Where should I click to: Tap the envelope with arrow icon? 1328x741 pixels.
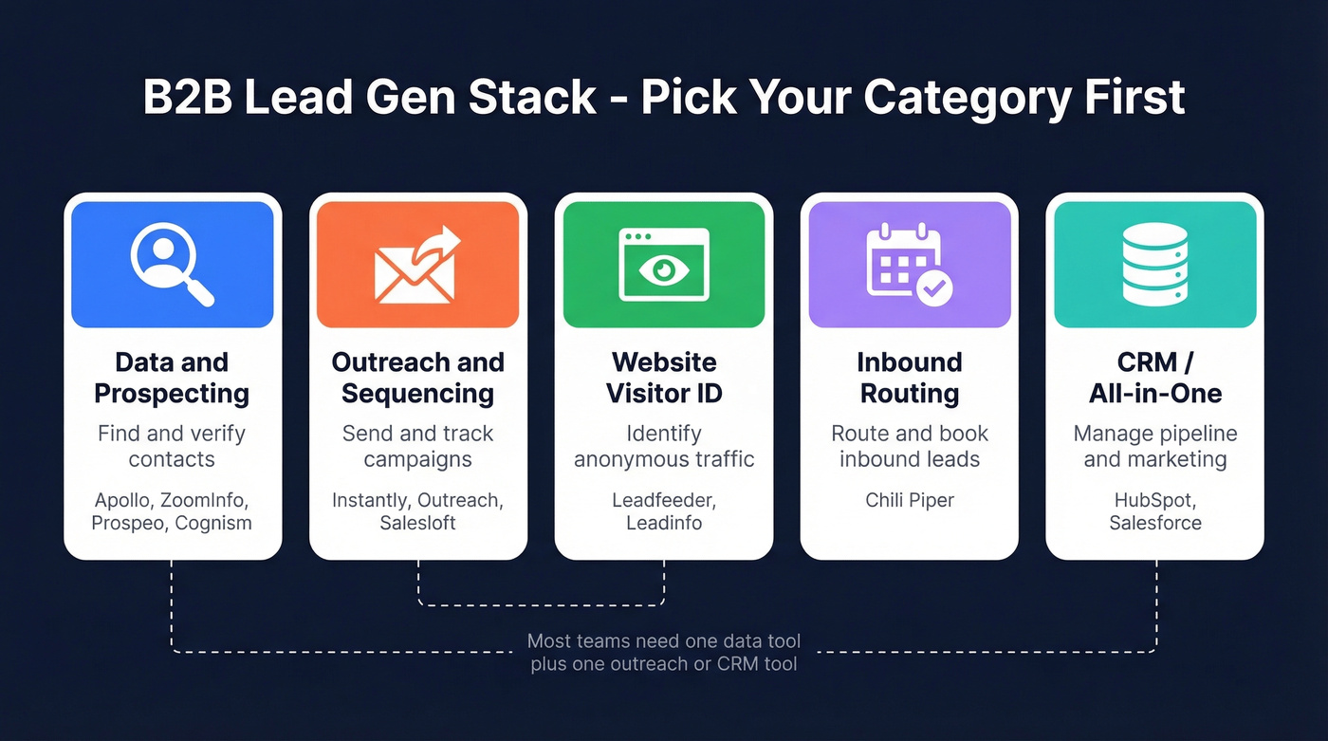[417, 265]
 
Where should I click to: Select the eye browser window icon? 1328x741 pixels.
[663, 265]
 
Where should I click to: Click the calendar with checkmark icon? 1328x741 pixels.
[909, 265]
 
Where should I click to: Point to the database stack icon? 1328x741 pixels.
[1154, 265]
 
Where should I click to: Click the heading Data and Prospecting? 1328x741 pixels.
[172, 378]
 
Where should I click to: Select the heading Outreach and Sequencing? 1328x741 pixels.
[417, 378]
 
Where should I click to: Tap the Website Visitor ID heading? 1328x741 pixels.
[663, 378]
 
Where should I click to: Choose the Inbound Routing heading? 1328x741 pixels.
[909, 378]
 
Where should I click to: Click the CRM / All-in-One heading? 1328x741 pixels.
[1154, 378]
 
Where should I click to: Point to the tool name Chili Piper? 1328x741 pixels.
[909, 499]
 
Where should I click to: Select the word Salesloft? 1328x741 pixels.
[417, 523]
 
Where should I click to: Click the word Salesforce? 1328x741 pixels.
[1154, 523]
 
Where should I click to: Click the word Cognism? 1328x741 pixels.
[213, 523]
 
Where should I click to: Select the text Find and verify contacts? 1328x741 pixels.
[172, 446]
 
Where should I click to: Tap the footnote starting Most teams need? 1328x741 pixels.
[663, 653]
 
